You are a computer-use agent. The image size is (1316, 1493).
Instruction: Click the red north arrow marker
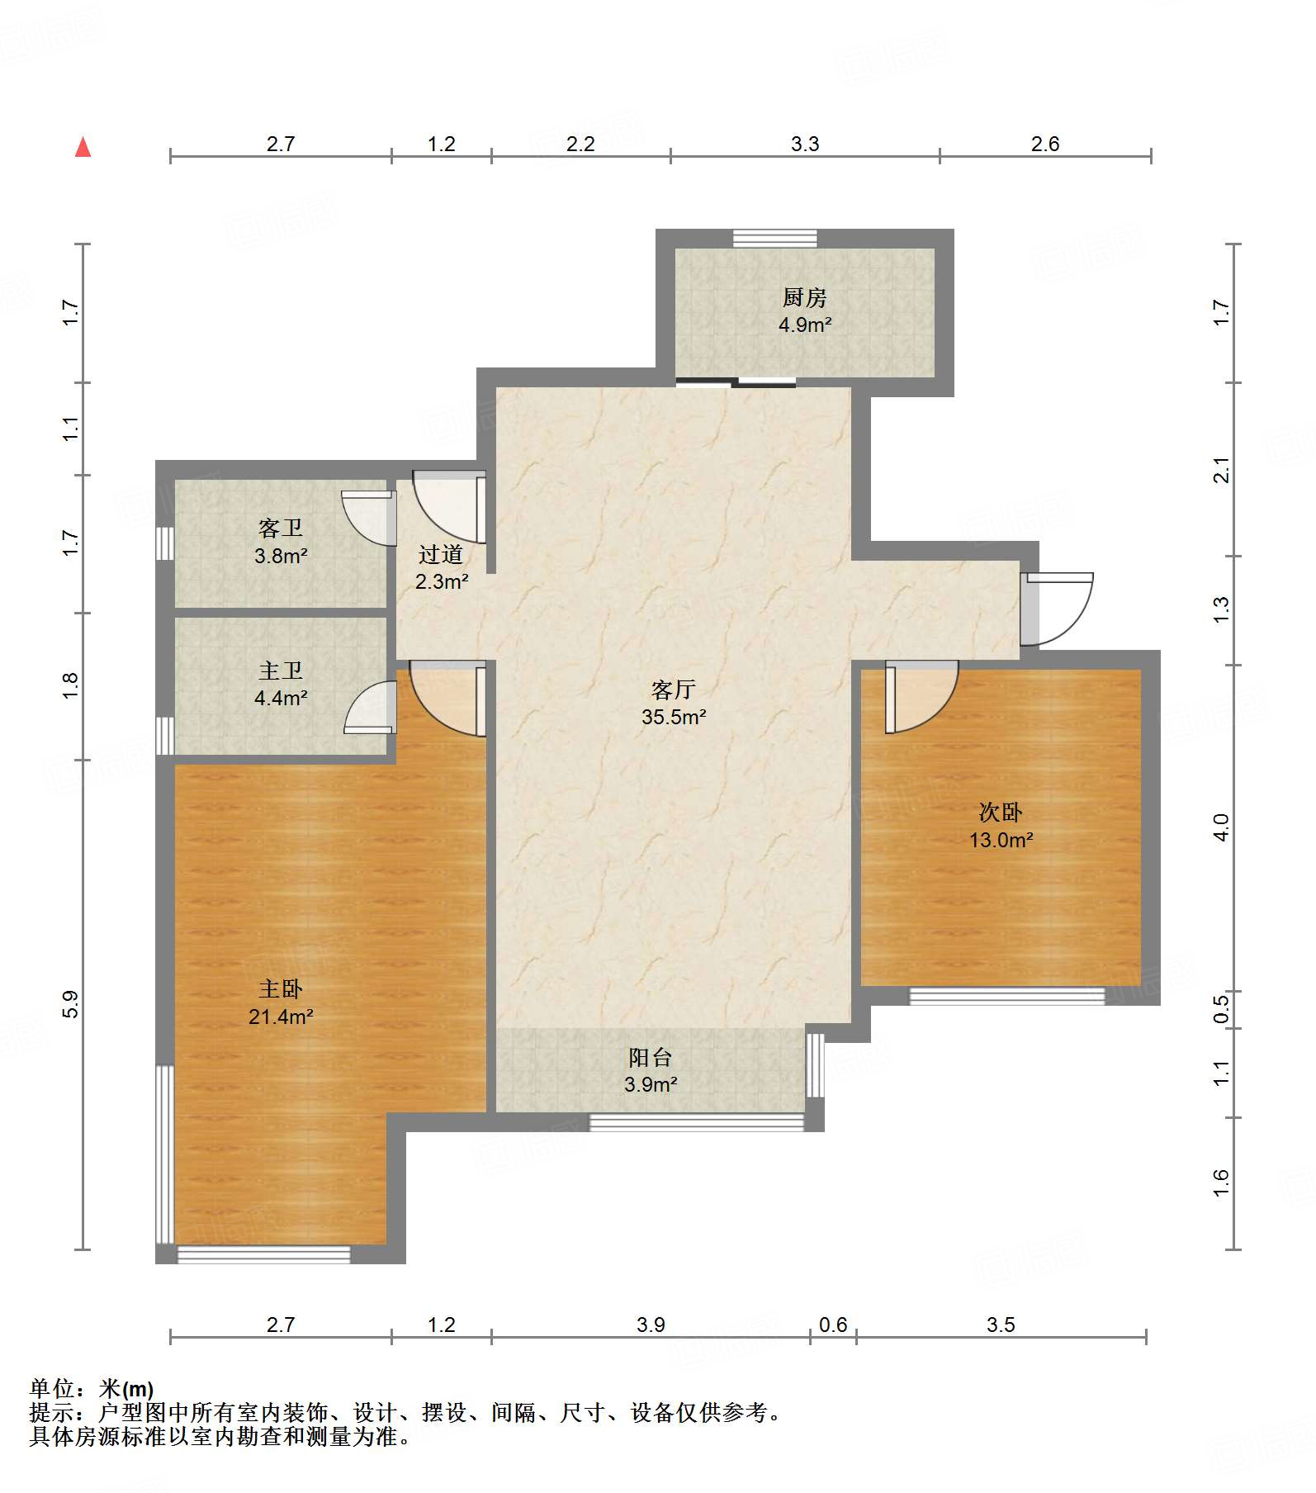click(83, 147)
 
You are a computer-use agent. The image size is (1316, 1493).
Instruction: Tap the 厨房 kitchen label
click(804, 297)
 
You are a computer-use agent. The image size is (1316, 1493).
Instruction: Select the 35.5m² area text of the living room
click(674, 717)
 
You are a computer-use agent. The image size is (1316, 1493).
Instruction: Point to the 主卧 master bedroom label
click(281, 988)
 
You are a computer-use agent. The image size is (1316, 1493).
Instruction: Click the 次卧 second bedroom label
click(1001, 813)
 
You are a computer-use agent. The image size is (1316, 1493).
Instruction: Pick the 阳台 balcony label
click(651, 1057)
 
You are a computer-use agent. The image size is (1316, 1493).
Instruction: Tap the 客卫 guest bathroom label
click(281, 528)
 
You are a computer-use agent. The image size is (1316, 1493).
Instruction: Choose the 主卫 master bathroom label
click(281, 671)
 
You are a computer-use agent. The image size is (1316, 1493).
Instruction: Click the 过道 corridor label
click(441, 554)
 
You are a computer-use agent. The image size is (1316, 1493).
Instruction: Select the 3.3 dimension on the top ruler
click(805, 144)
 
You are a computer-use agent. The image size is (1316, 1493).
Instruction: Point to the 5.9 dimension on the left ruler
click(70, 1004)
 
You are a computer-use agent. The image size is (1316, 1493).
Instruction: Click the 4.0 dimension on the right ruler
click(1222, 827)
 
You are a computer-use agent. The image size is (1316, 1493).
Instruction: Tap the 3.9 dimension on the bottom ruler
click(651, 1325)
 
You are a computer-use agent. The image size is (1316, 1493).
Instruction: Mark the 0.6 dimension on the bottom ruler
click(833, 1325)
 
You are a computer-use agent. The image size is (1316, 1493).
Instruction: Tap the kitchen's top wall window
click(775, 239)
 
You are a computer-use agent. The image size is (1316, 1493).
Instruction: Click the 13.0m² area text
click(1001, 840)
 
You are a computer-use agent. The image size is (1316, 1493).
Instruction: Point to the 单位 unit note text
click(51, 1389)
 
